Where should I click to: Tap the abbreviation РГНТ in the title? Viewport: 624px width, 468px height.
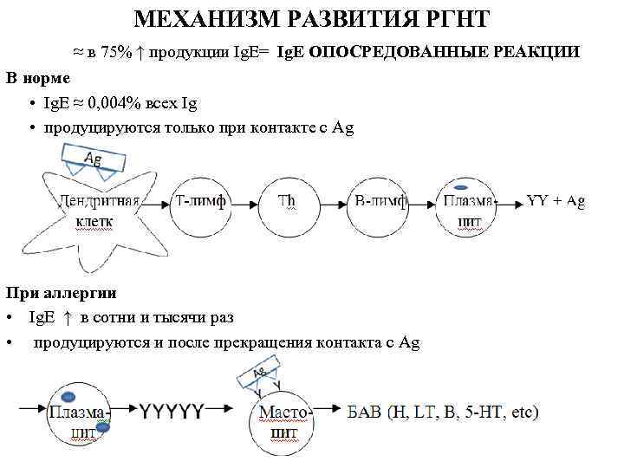click(x=451, y=20)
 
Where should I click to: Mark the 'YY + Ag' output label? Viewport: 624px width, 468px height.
click(x=556, y=201)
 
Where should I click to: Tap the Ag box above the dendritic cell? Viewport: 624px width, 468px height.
click(x=94, y=159)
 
